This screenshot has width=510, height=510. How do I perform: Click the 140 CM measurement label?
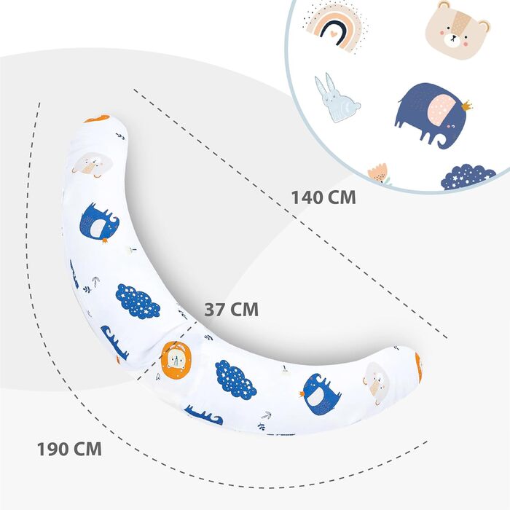point(323,197)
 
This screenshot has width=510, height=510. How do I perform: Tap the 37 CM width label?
point(231,310)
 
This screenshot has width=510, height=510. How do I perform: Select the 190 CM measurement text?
point(69,448)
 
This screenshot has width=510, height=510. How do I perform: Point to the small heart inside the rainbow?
point(332,33)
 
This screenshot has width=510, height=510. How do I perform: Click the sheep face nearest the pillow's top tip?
point(93,165)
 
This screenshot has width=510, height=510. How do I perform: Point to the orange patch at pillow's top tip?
point(96,118)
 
